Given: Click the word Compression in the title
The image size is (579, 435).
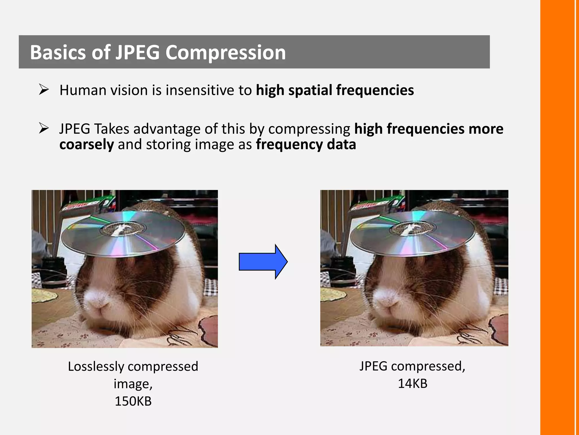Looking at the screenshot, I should [225, 52].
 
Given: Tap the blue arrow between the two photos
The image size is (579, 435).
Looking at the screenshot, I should [263, 262].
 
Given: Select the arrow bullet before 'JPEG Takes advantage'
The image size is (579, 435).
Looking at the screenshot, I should [44, 128].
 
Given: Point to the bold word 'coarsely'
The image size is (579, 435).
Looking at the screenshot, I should [87, 144].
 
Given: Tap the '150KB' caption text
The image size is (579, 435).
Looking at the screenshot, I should [133, 401].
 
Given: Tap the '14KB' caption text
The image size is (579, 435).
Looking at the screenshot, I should [412, 383].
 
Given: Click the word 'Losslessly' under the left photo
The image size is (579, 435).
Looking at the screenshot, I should [96, 366].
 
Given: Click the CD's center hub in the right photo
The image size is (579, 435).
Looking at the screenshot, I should [412, 228].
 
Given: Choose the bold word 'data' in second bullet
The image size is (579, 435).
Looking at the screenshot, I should [341, 144].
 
